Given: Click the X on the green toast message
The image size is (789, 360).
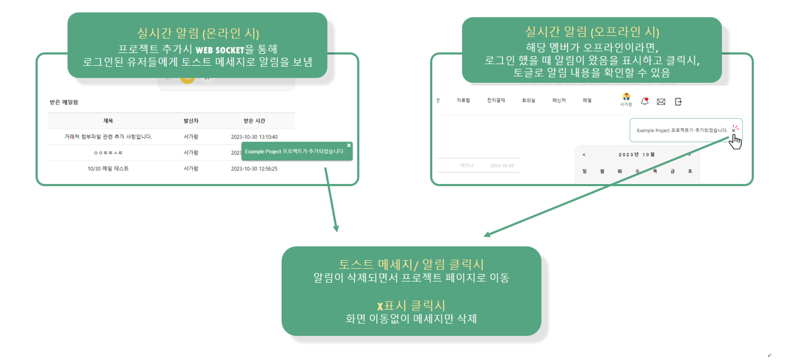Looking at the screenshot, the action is click(x=349, y=145).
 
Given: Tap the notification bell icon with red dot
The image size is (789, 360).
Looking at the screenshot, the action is click(x=645, y=101).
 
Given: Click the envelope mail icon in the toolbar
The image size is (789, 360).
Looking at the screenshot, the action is click(x=661, y=101).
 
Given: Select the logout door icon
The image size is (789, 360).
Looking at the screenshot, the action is click(x=678, y=101).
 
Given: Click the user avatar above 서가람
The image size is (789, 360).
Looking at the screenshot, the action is click(x=626, y=97).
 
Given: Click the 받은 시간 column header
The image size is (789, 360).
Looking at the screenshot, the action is click(x=254, y=121).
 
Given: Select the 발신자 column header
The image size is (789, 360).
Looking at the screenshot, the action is click(x=191, y=121).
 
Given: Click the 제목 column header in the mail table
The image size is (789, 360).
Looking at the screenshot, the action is click(x=108, y=121).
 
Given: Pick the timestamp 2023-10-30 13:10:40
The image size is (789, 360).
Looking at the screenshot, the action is click(x=254, y=137).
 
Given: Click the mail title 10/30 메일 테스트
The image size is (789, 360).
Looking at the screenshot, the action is click(x=108, y=169).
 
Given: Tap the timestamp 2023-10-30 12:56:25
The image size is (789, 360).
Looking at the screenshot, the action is click(x=254, y=169).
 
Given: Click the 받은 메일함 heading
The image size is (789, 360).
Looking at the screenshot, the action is click(x=64, y=102).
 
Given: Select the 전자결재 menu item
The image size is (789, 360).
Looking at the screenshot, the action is click(x=496, y=101).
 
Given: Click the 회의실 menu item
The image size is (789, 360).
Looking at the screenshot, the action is click(x=528, y=101).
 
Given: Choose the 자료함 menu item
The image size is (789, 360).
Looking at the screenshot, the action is click(x=463, y=101).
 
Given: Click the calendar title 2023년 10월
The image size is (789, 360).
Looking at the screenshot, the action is click(x=636, y=155).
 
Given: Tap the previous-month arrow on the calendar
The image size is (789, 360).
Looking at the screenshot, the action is click(x=584, y=155).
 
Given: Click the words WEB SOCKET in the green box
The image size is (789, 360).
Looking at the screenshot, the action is click(x=220, y=50).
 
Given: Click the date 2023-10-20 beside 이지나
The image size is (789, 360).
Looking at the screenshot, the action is click(x=502, y=166).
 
